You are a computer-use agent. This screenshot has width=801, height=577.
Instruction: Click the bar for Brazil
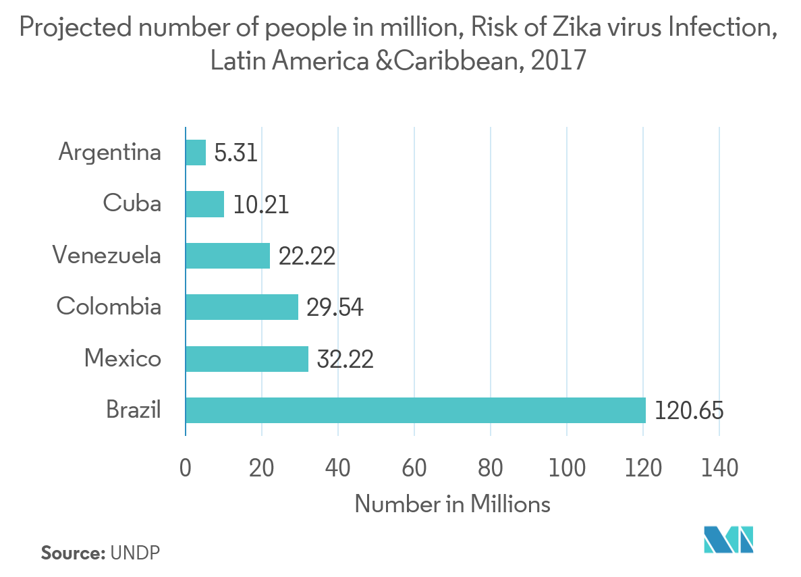pyautogui.click(x=415, y=410)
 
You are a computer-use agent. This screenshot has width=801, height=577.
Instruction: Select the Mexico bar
pyautogui.click(x=246, y=359)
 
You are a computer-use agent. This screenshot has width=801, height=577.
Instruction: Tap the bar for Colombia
pyautogui.click(x=242, y=307)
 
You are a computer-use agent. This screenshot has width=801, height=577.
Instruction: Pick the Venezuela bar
pyautogui.click(x=227, y=256)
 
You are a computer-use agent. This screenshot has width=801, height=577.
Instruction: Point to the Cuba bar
pyautogui.click(x=204, y=204)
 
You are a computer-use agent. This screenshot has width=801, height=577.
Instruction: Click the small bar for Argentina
pyautogui.click(x=196, y=153)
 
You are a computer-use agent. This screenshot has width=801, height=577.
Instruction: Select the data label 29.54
pyautogui.click(x=335, y=308)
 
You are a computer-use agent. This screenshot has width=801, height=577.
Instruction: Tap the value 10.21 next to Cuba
pyautogui.click(x=261, y=204)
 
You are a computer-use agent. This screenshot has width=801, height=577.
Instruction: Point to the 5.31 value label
pyautogui.click(x=236, y=153)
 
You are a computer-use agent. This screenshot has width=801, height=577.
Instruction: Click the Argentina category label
pyautogui.click(x=110, y=153)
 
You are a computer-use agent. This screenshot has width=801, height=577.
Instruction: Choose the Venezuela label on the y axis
pyautogui.click(x=107, y=256)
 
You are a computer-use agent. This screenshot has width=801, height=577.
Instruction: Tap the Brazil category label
pyautogui.click(x=134, y=410)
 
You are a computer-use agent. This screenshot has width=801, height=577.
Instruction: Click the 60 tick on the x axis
pyautogui.click(x=414, y=467)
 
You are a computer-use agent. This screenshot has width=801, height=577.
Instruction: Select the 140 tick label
pyautogui.click(x=719, y=467)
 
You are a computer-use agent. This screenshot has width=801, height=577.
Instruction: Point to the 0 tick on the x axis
pyautogui.click(x=186, y=467)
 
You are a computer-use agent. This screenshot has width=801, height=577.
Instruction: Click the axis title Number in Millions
pyautogui.click(x=451, y=504)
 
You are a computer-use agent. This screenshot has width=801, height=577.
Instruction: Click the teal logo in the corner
pyautogui.click(x=728, y=539)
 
